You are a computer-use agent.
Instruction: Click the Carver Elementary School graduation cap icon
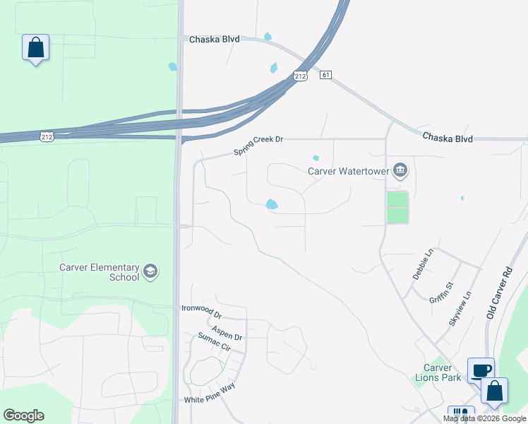tap(150, 271)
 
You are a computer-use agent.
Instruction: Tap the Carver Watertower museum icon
tap(400, 170)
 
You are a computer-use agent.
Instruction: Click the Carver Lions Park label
tap(438, 372)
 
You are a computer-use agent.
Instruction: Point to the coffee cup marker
tap(481, 371)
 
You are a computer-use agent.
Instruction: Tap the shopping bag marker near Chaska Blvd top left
tap(35, 49)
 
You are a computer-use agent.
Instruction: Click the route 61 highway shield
tap(325, 75)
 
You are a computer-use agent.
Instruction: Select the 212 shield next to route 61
tap(301, 75)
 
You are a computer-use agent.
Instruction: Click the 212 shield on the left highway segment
tap(47, 137)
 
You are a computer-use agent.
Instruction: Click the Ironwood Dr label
tap(201, 307)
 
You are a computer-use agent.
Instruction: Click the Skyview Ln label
tap(460, 309)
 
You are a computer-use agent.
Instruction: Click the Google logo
tap(23, 416)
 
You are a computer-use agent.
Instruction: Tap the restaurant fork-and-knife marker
tap(460, 415)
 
